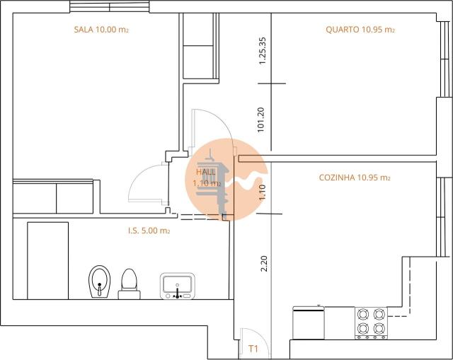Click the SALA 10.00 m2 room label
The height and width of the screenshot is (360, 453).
click(101, 30)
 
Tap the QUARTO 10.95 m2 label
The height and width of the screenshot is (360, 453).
click(360, 30)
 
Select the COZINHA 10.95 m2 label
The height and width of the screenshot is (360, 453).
click(355, 178)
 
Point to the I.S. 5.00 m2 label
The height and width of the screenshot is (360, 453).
click(149, 231)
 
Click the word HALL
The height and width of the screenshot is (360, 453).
click(206, 172)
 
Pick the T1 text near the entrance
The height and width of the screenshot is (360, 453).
click(253, 349)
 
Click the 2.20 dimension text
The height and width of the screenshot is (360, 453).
click(264, 264)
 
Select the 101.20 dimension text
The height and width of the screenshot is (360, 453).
click(261, 120)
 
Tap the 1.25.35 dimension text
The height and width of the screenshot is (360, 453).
click(261, 52)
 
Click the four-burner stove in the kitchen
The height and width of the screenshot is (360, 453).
click(370, 322)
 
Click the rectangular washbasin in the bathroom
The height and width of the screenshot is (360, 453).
click(177, 286)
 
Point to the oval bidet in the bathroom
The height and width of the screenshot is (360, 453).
click(101, 282)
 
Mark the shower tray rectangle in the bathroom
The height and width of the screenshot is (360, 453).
click(47, 260)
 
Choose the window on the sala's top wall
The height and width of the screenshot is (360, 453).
click(109, 7)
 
